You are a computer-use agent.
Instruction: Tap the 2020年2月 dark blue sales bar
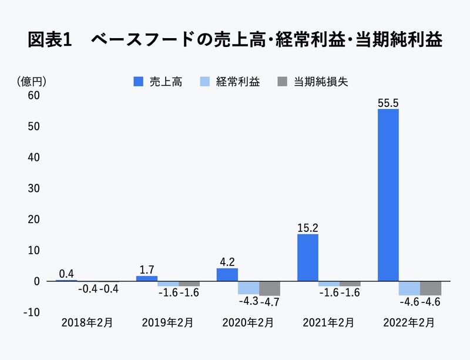[227, 274]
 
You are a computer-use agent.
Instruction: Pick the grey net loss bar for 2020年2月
[270, 288]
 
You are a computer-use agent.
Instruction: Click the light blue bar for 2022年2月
[409, 288]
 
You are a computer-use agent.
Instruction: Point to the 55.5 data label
[388, 103]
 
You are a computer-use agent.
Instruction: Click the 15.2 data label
[307, 228]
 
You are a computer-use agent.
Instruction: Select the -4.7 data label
[270, 302]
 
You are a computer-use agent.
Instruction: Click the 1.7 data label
[147, 270]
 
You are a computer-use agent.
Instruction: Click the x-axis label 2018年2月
[83, 322]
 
